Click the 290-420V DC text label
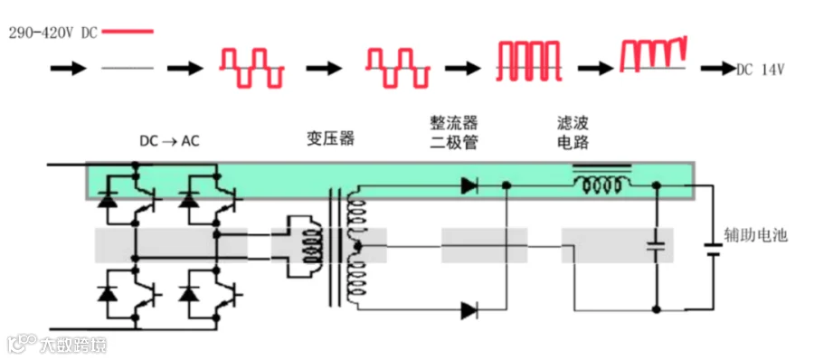tap(53, 33)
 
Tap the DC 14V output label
tap(760, 69)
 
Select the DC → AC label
tap(169, 140)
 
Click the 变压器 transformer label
tap(330, 137)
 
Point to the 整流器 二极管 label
tap(454, 132)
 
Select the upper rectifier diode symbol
tap(469, 185)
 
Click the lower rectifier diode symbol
tap(469, 310)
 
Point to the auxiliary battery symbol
tap(715, 249)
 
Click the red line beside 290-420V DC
tap(128, 32)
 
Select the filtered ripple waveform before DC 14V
tap(654, 54)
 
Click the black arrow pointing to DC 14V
tap(719, 69)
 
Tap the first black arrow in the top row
tap(68, 68)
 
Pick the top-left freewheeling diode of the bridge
tap(108, 200)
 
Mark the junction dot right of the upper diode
tap(506, 185)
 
